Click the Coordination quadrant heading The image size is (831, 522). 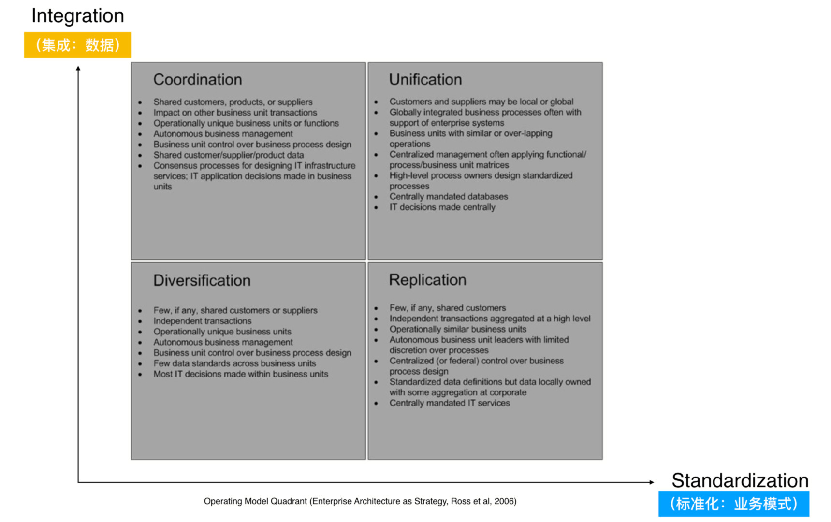[197, 80]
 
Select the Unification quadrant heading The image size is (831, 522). [425, 80]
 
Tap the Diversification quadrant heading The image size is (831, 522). [202, 281]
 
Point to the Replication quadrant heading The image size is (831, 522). [427, 280]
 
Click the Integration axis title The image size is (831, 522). [78, 16]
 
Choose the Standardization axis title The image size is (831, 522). [740, 480]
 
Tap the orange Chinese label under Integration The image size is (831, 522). [78, 45]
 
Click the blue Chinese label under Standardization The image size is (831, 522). [733, 504]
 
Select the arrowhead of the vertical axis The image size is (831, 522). [78, 69]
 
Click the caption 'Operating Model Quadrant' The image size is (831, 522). [360, 501]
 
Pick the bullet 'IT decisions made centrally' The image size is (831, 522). [442, 207]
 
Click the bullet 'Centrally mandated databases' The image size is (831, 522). [449, 197]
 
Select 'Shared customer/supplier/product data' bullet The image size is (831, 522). [229, 155]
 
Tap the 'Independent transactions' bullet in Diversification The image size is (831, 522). [203, 321]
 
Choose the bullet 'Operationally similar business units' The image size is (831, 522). [458, 329]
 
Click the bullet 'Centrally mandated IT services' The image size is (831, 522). [450, 403]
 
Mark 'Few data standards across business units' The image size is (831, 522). [234, 363]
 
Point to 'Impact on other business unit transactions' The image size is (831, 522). [235, 113]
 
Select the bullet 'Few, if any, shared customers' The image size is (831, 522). [448, 308]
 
